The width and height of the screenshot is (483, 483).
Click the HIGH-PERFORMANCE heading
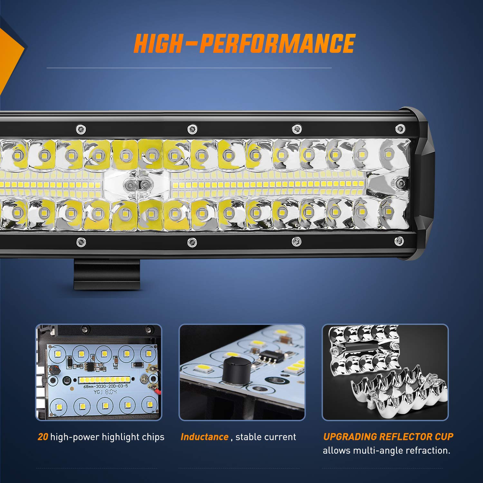coord(244,43)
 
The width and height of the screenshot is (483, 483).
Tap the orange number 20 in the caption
coord(43,437)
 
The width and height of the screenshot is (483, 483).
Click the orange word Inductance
coord(204,437)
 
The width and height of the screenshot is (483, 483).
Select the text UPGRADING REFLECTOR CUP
coord(388,437)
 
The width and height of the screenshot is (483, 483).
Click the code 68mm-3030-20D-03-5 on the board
coord(106,386)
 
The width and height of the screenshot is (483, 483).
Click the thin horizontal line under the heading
coord(189,68)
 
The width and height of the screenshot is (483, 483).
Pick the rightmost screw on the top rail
coord(400,128)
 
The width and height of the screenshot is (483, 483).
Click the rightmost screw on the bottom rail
coord(399,240)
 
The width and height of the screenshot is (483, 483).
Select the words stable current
coord(266,437)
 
